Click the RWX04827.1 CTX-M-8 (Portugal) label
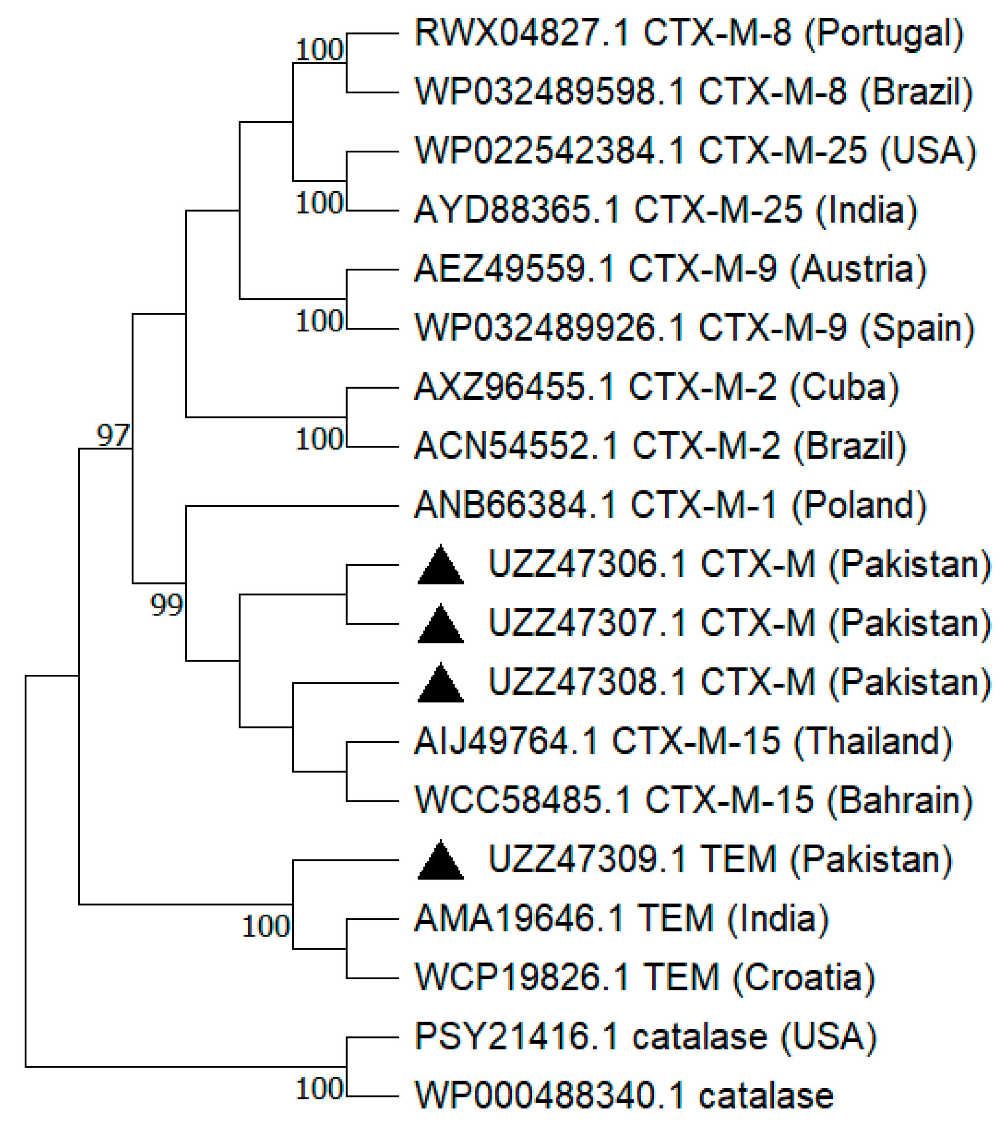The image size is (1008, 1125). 689,33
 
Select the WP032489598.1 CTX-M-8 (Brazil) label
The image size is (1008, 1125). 693,92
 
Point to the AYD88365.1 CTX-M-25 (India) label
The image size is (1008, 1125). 665,210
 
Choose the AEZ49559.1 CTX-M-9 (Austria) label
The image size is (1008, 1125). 670,269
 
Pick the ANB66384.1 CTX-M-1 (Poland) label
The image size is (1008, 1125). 670,505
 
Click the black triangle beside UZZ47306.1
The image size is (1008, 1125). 440,566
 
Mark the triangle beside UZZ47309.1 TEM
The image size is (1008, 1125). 440,861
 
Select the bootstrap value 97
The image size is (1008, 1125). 113,435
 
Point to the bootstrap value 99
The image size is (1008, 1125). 167,605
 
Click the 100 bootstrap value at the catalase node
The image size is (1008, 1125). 320,1089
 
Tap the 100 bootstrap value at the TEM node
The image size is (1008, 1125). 266,926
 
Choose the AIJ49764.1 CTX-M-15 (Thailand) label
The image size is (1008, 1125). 683,742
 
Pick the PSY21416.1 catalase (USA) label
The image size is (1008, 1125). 646,1037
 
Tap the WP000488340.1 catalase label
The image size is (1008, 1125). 624,1096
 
